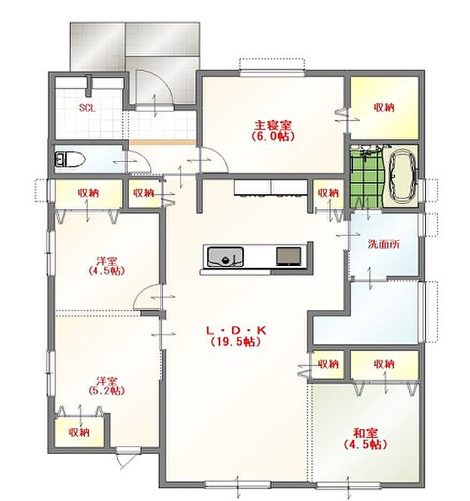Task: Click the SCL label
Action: tap(87, 108)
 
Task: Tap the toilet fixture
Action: tap(70, 158)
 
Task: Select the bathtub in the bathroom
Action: tap(401, 176)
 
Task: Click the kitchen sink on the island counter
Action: tap(225, 256)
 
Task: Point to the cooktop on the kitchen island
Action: tap(288, 257)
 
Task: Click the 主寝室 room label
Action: tap(273, 125)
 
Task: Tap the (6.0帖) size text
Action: tap(273, 137)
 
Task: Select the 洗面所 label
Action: tap(384, 244)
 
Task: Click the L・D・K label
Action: tap(236, 331)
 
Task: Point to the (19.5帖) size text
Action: tap(236, 342)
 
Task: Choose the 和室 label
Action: tap(366, 433)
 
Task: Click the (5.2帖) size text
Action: tap(107, 390)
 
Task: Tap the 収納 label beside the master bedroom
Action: tap(384, 107)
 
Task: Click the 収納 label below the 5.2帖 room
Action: tap(79, 432)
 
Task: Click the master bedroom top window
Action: tap(271, 73)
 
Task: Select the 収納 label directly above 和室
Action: tap(384, 364)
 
